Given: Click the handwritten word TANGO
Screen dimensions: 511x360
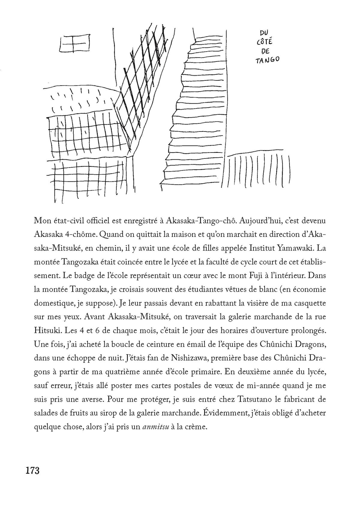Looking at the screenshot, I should (267, 60).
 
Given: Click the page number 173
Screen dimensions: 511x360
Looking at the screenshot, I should (33, 470).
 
